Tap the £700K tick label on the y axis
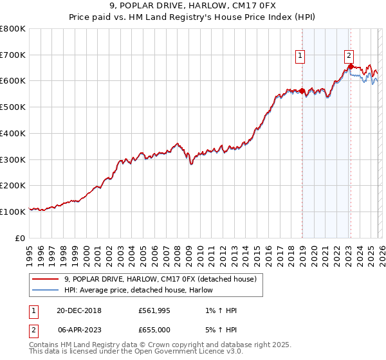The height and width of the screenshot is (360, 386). tap(13, 55)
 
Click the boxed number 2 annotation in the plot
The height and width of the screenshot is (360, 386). tap(349, 56)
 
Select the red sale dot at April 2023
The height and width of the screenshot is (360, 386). tap(350, 66)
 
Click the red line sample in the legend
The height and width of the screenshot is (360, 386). tap(46, 279)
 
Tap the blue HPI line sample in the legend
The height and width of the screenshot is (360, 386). tap(46, 290)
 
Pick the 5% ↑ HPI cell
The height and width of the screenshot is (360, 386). tap(219, 330)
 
